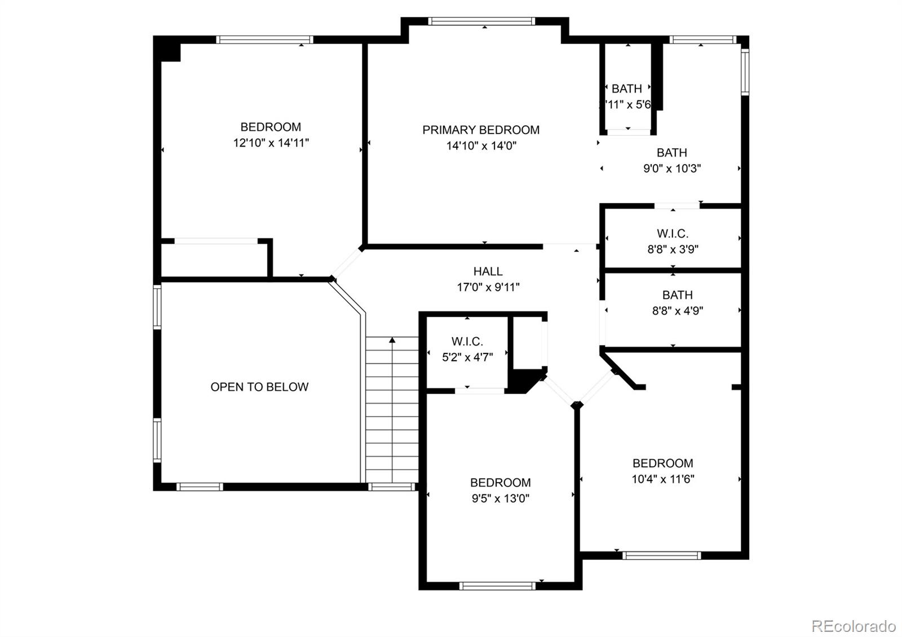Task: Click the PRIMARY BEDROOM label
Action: click(481, 130)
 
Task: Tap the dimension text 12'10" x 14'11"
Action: click(271, 143)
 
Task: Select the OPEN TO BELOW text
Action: click(259, 387)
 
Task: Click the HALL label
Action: click(488, 272)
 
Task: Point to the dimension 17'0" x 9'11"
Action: click(488, 287)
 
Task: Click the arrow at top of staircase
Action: click(392, 340)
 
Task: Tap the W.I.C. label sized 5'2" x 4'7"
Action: click(467, 342)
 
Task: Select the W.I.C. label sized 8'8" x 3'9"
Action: click(672, 233)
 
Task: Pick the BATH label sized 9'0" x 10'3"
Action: click(671, 153)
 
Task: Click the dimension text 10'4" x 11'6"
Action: click(662, 479)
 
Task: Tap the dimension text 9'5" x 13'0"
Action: click(500, 498)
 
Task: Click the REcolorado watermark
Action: click(853, 626)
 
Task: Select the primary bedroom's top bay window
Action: click(481, 21)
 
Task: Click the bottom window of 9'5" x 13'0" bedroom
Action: click(497, 586)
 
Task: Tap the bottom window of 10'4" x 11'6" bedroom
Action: click(662, 555)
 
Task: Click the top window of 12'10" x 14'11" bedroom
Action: click(264, 39)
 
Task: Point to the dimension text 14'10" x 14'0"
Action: click(481, 146)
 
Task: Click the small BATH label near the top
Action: click(626, 89)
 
